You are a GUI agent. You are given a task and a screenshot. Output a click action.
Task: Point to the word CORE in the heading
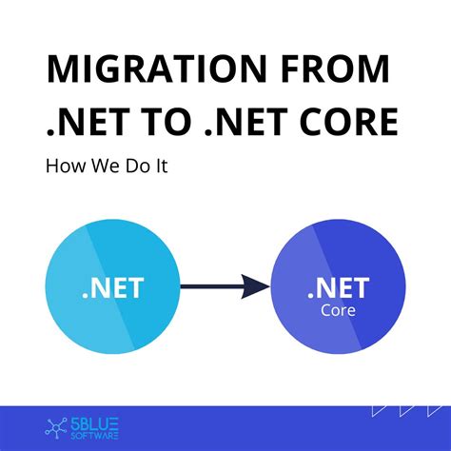click(x=348, y=122)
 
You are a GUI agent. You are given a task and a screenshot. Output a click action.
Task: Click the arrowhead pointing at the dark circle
click(x=254, y=285)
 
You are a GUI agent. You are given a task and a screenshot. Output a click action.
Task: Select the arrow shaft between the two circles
click(x=209, y=285)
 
